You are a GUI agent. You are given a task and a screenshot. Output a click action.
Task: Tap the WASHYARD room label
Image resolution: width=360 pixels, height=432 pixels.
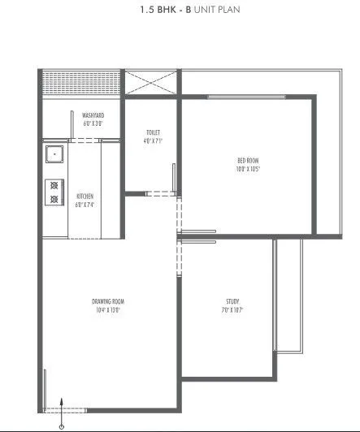click(93, 116)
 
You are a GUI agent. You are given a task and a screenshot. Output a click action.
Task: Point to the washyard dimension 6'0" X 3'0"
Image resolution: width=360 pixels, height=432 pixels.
click(93, 124)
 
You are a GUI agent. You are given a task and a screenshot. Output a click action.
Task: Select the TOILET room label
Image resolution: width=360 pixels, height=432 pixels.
click(152, 132)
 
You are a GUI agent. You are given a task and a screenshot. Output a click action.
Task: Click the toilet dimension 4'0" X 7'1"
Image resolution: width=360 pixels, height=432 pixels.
click(152, 140)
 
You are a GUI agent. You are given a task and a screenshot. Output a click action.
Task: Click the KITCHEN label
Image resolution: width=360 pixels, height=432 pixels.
click(85, 197)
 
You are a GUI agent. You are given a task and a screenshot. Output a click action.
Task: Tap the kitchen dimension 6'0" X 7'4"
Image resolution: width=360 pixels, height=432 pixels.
click(85, 205)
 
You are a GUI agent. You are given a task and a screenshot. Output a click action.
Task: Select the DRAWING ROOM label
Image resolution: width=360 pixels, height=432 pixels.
click(108, 301)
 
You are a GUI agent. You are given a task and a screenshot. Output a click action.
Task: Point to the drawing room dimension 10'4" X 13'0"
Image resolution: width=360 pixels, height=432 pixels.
click(108, 309)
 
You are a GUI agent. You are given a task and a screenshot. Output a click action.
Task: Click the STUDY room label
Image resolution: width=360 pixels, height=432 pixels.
click(233, 301)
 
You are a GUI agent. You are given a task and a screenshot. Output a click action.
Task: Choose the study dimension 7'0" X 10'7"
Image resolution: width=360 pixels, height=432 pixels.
click(233, 309)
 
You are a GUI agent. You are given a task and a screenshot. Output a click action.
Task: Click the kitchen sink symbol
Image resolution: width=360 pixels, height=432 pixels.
click(53, 152)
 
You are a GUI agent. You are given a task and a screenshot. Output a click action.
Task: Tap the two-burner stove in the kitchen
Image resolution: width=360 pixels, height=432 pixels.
click(54, 192)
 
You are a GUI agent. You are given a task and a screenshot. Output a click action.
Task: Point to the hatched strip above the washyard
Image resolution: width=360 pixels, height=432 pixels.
click(80, 83)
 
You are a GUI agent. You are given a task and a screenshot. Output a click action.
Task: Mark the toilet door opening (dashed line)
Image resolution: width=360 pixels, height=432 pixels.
click(160, 193)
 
